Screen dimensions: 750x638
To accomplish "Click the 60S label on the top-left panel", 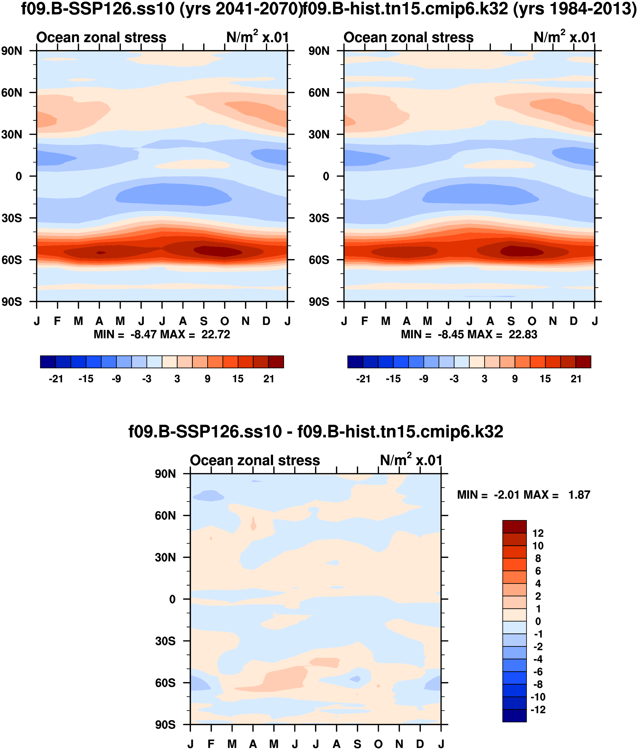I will pos(12,260).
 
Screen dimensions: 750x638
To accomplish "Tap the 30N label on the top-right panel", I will pos(319,134).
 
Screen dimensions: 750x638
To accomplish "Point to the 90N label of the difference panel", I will pos(165,474).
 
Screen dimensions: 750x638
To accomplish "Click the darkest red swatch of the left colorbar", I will pos(276,362).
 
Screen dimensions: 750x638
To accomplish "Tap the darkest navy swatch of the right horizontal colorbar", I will pos(355,362).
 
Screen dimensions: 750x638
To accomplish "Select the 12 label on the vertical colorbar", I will pos(538,533).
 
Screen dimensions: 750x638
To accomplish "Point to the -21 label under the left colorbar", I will pos(56,379).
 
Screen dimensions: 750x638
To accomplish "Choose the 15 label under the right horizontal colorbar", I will pos(545,379).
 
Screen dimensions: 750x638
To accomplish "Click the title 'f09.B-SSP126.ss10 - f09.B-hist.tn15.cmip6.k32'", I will pos(316,432).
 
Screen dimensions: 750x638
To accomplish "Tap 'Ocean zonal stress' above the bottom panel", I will pos(255,460).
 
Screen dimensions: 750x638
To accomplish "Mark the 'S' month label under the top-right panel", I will pos(511,321).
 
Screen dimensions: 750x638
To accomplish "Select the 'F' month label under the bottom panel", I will pos(211,744).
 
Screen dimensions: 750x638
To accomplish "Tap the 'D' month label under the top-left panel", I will pos(267,321).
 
